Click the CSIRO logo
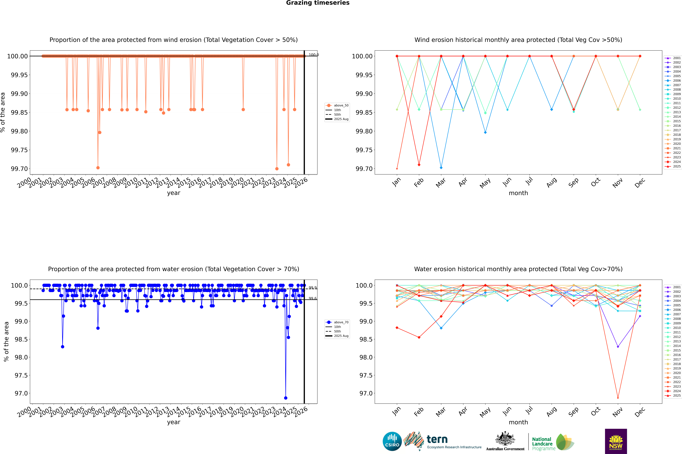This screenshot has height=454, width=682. pos(392,441)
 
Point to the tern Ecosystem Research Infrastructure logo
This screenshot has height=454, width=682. pos(442,441)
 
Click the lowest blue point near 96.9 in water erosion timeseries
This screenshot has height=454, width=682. pos(286,398)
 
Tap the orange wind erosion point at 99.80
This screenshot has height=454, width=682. pos(100,132)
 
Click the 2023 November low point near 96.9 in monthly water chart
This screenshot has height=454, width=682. pos(618,398)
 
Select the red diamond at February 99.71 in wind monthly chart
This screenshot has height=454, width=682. pos(419,165)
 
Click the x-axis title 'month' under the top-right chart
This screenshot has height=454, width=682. pos(518,193)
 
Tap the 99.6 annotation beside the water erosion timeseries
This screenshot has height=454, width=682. pos(313,298)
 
